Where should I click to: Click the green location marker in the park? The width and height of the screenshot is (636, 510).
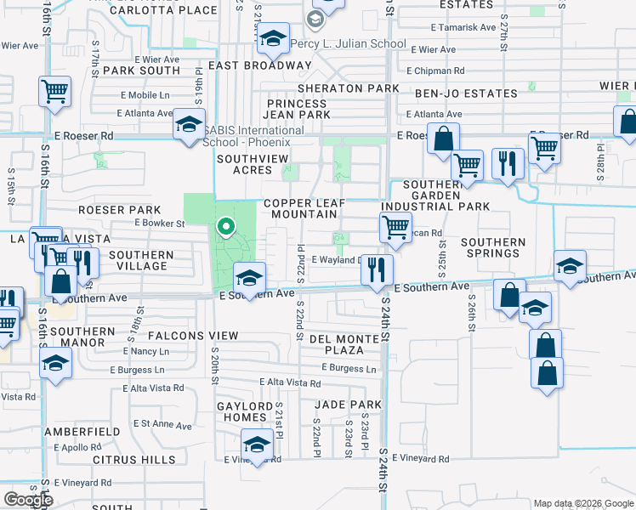click(x=225, y=226)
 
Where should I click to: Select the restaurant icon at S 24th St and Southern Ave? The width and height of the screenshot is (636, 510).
click(x=376, y=270)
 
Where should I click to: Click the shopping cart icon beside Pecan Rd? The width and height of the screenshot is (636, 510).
click(x=395, y=227)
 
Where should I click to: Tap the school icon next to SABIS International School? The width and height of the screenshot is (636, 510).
click(x=189, y=126)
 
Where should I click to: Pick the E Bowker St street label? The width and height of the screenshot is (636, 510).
click(x=159, y=224)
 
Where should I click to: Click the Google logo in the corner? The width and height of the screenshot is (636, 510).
click(x=28, y=499)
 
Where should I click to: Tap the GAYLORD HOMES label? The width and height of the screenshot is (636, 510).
click(x=239, y=411)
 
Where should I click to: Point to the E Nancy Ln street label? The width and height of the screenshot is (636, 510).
click(x=145, y=351)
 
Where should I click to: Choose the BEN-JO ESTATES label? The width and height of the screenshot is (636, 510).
click(x=466, y=93)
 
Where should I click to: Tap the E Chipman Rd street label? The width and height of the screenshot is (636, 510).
click(x=435, y=71)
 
